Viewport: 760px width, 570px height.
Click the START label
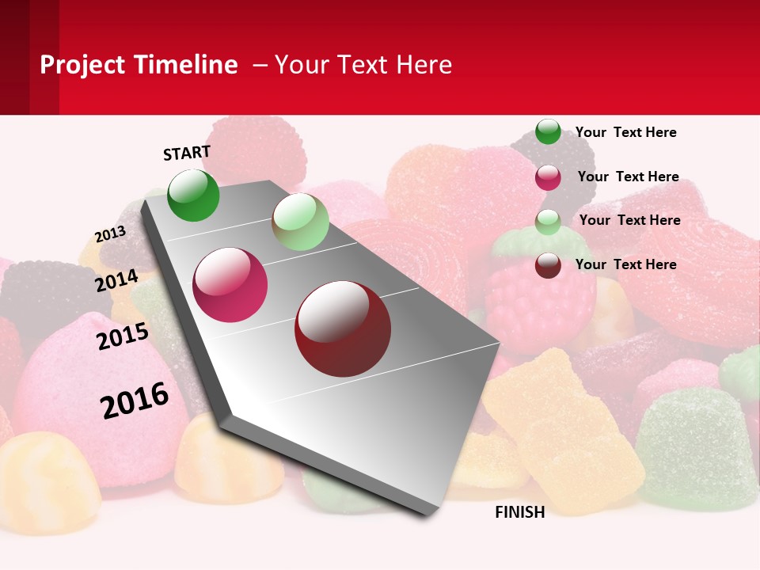[187, 153]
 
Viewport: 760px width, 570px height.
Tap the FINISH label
[520, 512]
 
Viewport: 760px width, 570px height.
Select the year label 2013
[110, 234]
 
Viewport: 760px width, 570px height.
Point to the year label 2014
[117, 281]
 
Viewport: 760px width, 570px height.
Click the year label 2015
[123, 336]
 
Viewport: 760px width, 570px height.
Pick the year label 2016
[135, 400]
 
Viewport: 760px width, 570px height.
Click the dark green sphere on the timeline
[193, 195]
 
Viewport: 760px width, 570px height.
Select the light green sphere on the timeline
[300, 222]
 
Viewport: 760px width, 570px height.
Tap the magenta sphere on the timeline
[230, 285]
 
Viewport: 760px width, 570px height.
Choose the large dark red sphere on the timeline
[343, 329]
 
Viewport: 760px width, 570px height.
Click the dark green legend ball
[548, 131]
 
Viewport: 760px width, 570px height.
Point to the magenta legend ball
[548, 177]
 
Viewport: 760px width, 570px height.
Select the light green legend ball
[548, 222]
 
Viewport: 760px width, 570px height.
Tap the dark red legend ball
[548, 265]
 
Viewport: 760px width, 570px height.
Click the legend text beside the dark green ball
[625, 132]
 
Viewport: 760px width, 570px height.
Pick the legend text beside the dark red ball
[625, 264]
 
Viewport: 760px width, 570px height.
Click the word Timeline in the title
[186, 65]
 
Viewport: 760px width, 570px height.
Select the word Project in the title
[82, 65]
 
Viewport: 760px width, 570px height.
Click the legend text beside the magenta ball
[628, 177]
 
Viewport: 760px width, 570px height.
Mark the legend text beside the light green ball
[629, 220]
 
